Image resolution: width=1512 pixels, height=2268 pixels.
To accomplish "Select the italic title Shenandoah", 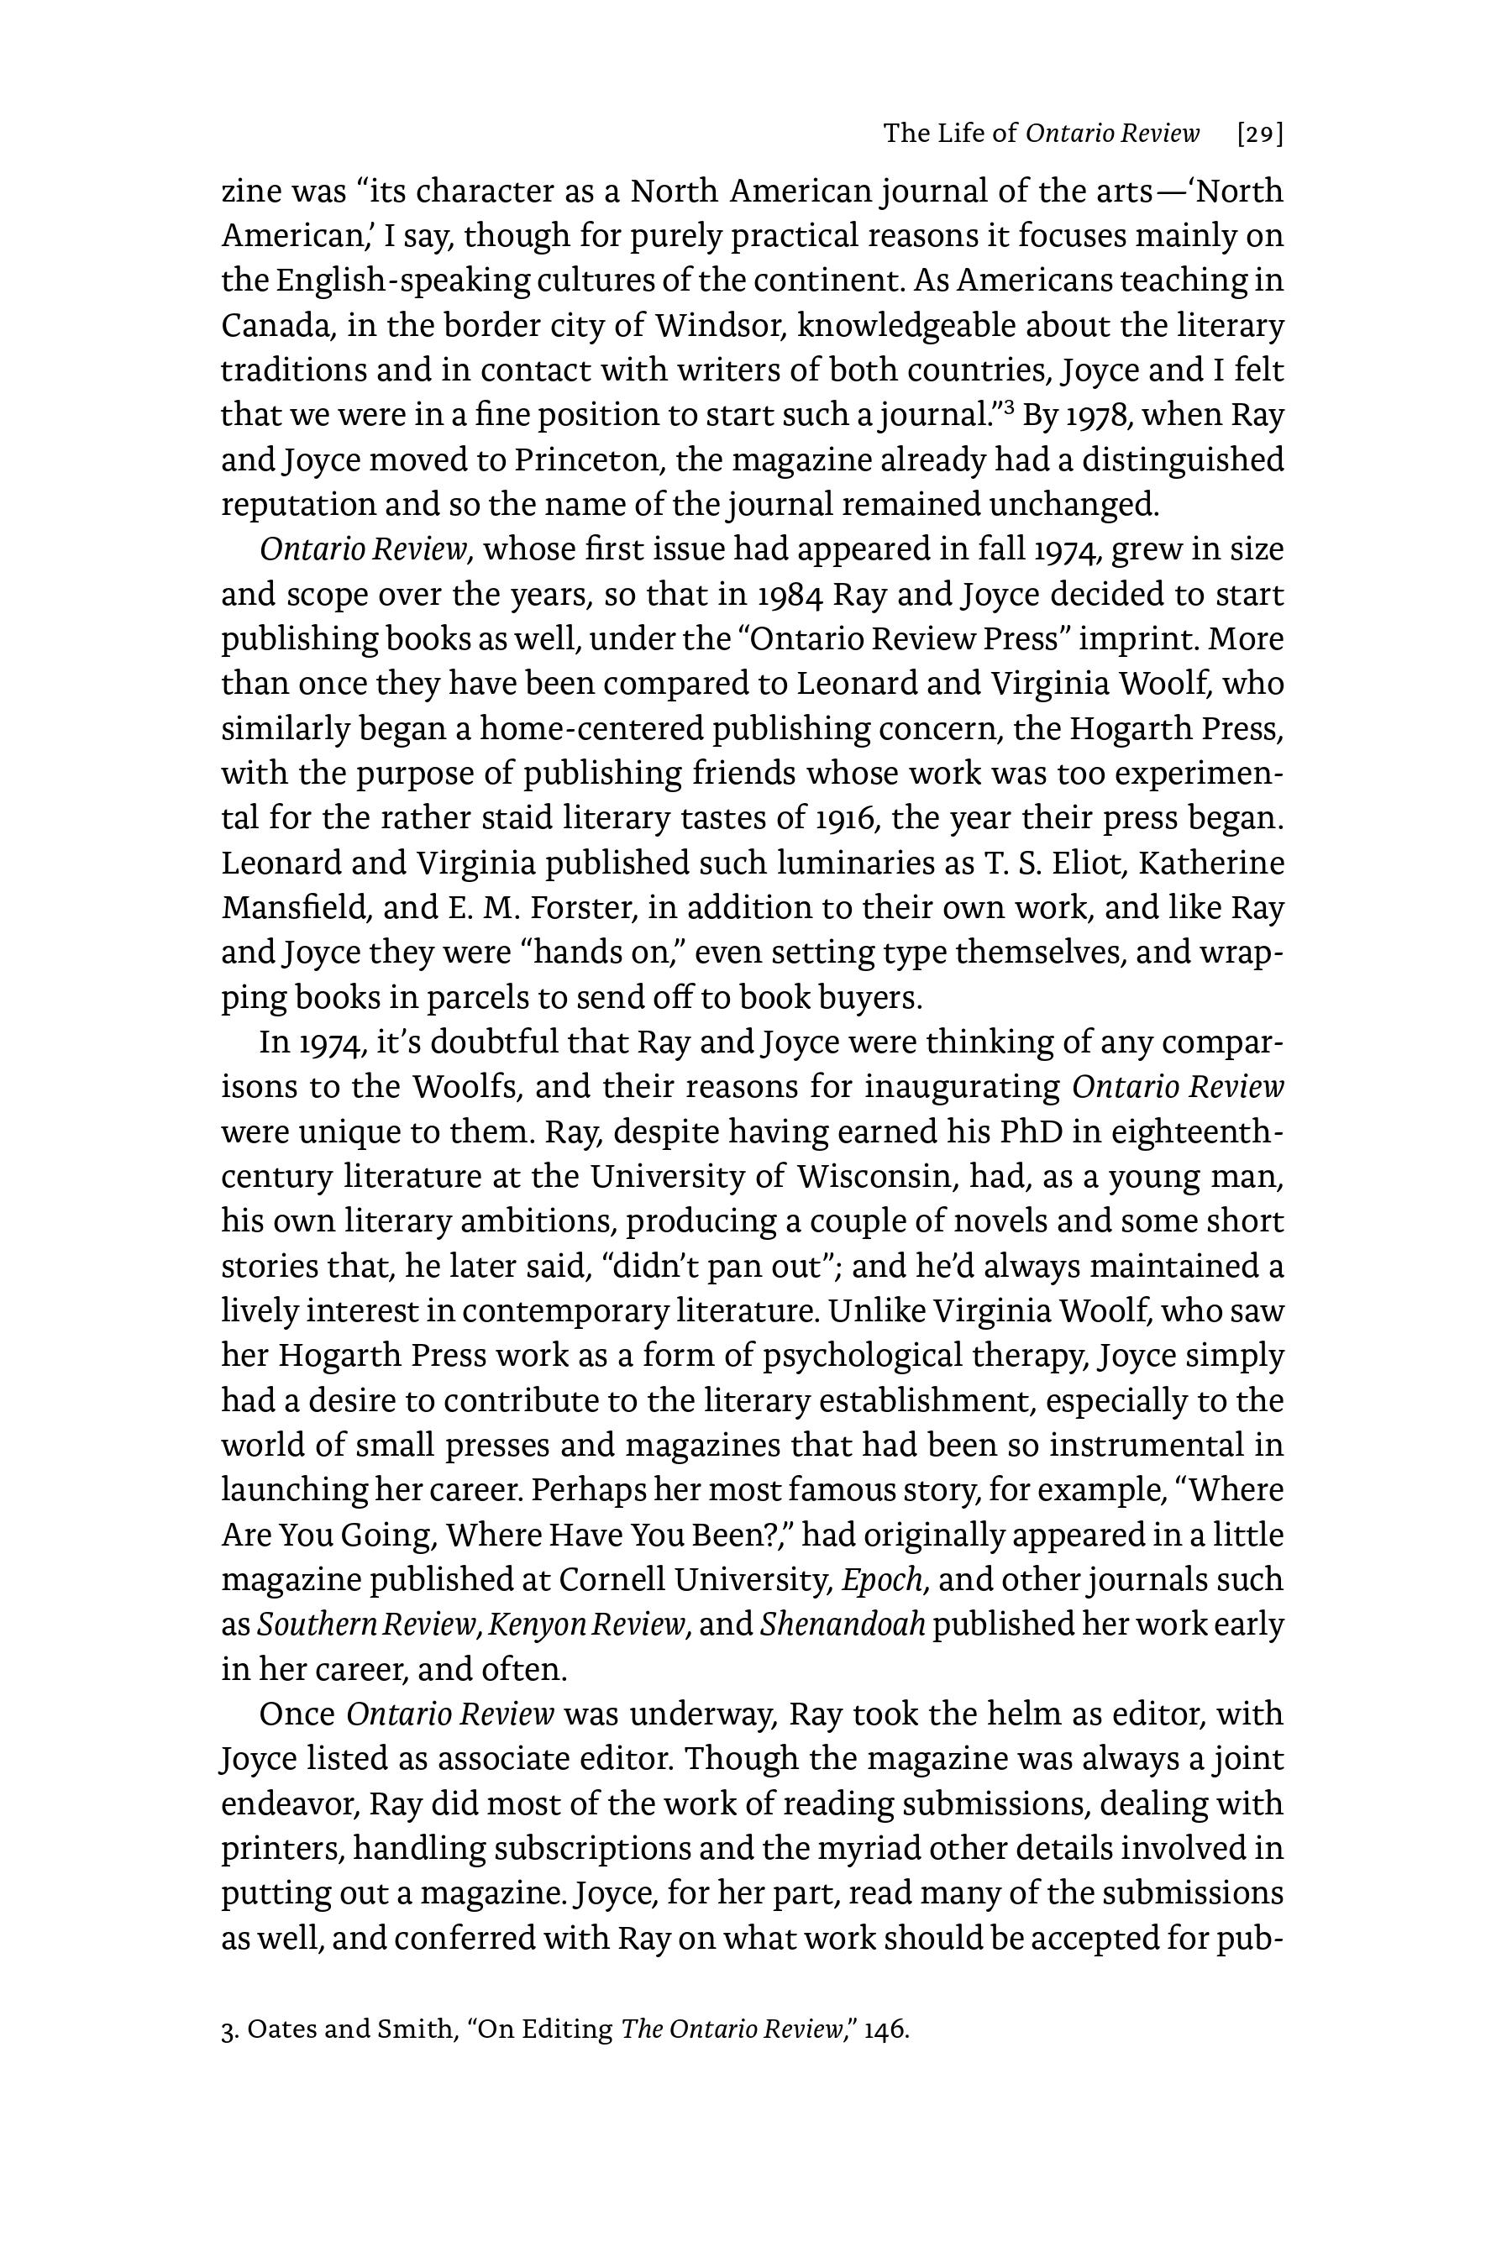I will point(842,1625).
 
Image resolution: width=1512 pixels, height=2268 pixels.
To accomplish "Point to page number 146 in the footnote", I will point(885,2029).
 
